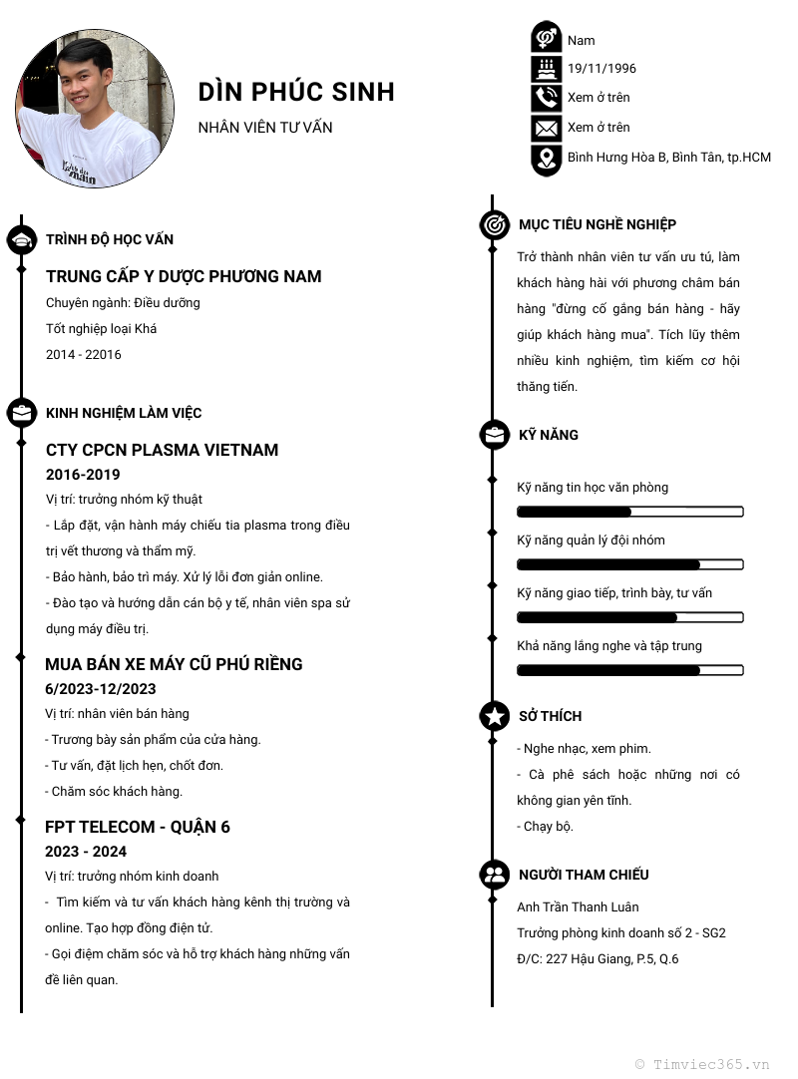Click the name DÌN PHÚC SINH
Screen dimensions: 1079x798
tap(296, 92)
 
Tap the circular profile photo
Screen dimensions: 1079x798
tap(95, 109)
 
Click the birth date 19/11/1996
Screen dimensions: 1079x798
tap(601, 69)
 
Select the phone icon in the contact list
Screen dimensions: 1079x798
tap(546, 98)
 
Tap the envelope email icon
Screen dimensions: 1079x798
tap(546, 128)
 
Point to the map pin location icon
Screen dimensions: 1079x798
tap(546, 159)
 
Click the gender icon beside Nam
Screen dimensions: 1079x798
tap(546, 38)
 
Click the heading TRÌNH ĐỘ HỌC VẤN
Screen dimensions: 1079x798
tap(110, 239)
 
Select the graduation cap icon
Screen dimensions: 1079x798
tap(22, 239)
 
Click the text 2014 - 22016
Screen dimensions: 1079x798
tap(84, 355)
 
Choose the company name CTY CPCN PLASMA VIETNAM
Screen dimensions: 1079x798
tap(162, 450)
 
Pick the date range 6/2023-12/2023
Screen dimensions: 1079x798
tap(101, 689)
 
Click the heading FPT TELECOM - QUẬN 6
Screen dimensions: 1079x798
tap(138, 827)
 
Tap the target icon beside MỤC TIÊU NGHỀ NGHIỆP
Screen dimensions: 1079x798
tap(494, 224)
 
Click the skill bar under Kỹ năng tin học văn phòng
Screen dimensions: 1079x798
tap(629, 512)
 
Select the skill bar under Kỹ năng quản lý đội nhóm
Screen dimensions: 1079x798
tap(629, 564)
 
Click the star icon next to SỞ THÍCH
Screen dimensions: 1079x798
tap(494, 716)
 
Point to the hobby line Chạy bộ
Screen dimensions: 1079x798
tap(546, 827)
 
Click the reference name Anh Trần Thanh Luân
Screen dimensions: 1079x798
tap(578, 907)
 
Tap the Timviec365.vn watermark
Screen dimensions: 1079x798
tap(702, 1064)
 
